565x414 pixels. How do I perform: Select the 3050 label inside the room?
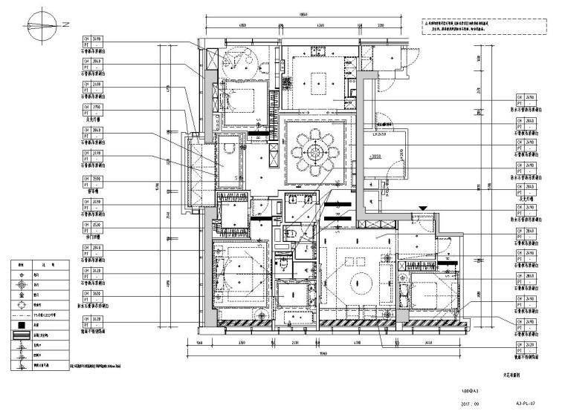click(376, 158)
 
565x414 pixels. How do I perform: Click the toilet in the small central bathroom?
click(292, 234)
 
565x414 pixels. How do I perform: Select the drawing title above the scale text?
click(506, 376)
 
